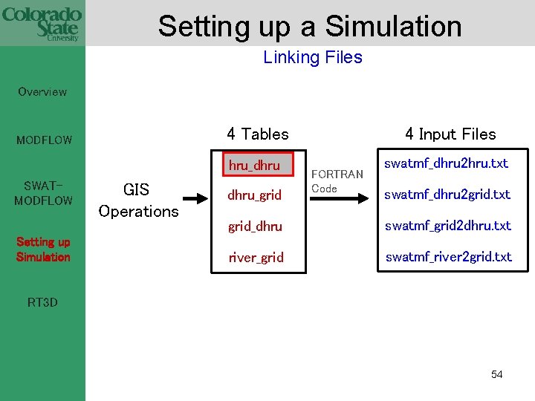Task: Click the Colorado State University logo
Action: tap(42, 23)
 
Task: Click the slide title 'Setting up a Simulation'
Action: tap(310, 26)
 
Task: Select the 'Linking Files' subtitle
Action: tap(312, 57)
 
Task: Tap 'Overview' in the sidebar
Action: tap(42, 92)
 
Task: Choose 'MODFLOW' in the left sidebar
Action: tap(45, 140)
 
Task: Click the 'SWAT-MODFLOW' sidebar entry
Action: tap(43, 193)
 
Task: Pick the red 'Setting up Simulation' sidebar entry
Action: tap(43, 250)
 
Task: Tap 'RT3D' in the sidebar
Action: tap(42, 302)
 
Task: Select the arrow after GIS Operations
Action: tap(195, 198)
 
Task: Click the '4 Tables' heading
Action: tap(257, 134)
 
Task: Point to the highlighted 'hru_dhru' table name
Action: tap(254, 166)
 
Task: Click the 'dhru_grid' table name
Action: tap(254, 195)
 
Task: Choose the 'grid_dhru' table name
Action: tap(255, 226)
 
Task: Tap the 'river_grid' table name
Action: tap(256, 258)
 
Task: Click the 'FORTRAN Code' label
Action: tap(337, 181)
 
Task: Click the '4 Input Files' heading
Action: tap(450, 134)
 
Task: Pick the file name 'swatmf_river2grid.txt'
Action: tap(448, 257)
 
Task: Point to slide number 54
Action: tap(496, 374)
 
